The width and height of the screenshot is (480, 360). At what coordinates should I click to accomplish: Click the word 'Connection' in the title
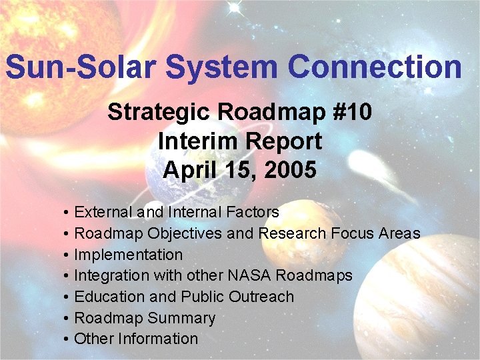tap(375, 67)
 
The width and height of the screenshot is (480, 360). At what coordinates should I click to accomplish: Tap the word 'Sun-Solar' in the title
tap(81, 67)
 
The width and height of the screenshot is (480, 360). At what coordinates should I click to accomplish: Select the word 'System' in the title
tap(223, 67)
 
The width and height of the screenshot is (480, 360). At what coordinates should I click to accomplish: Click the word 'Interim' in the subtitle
tap(193, 141)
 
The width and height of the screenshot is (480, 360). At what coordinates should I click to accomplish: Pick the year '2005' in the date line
tap(290, 171)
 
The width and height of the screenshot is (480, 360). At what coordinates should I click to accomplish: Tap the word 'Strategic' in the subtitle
tap(159, 112)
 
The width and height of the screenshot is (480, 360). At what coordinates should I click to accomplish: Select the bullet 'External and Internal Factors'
tap(176, 212)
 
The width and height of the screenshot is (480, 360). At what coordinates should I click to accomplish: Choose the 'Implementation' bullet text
tap(128, 255)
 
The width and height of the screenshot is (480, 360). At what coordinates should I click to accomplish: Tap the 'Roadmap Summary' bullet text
tap(145, 318)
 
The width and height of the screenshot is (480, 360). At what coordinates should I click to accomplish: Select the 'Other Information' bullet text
tap(136, 339)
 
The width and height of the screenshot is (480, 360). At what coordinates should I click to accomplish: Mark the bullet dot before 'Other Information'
tap(67, 339)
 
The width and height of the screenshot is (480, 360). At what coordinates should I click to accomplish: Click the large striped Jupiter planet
tap(427, 300)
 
